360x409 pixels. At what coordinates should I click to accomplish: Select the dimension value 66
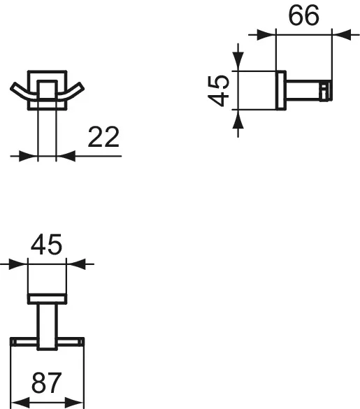(x=304, y=15)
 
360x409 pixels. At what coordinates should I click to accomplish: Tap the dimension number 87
(x=48, y=383)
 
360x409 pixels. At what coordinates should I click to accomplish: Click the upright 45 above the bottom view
(x=47, y=245)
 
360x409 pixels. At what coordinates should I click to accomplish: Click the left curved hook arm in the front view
(x=20, y=92)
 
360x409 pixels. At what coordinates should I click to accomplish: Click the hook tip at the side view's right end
(x=325, y=90)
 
